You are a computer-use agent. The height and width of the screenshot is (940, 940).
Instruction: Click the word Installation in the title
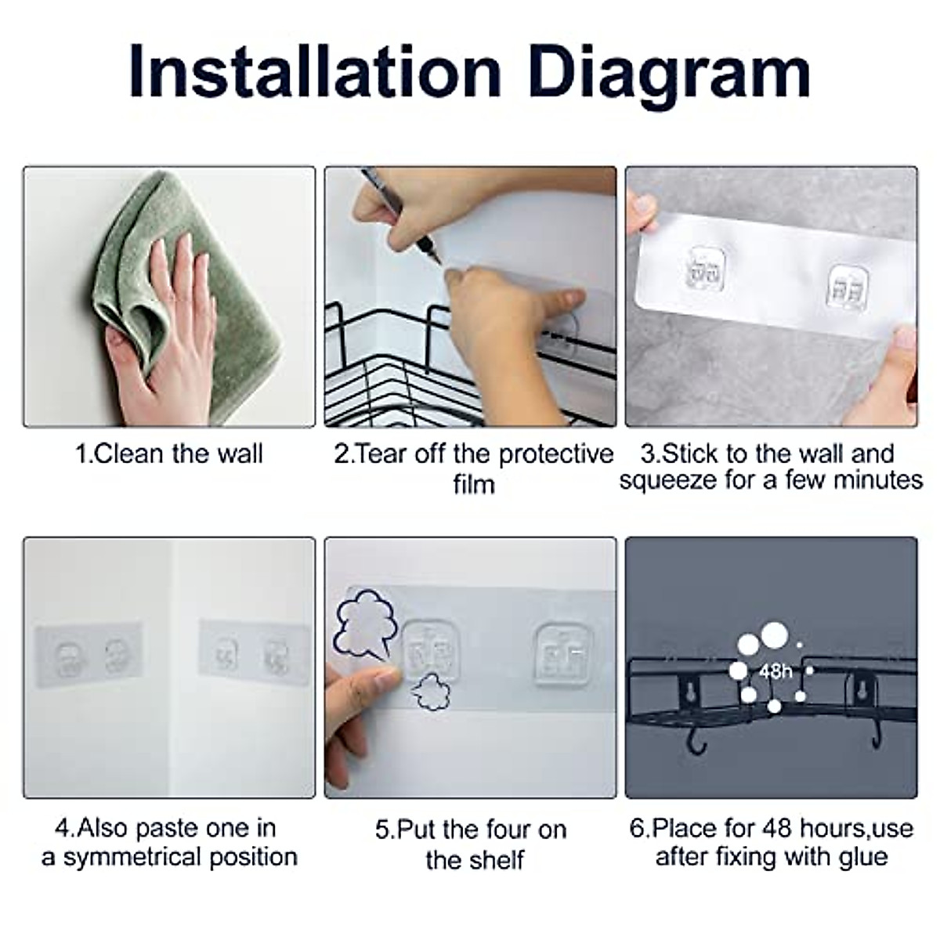click(x=315, y=72)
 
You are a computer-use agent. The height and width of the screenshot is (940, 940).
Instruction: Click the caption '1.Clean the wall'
click(x=168, y=454)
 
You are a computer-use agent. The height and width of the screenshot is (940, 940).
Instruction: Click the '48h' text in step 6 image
click(x=775, y=672)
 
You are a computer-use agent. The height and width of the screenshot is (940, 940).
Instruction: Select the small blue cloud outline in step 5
click(x=430, y=692)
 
